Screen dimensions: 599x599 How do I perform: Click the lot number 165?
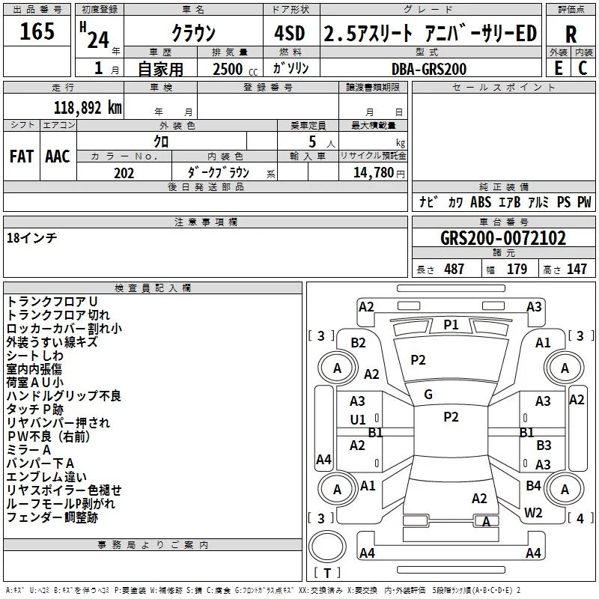[37, 32]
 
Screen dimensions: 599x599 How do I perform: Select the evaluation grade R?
[571, 34]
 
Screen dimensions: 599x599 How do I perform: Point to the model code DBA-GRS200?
[429, 69]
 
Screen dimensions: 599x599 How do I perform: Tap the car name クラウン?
[193, 34]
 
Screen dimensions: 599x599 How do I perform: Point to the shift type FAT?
[21, 156]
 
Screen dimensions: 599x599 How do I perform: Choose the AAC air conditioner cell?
[58, 156]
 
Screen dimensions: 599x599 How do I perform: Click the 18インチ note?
[31, 237]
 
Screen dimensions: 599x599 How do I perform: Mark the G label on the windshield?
[428, 394]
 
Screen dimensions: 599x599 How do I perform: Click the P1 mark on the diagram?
[451, 324]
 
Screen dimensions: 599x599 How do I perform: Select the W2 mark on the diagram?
[533, 512]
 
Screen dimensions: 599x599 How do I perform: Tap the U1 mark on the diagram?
[358, 420]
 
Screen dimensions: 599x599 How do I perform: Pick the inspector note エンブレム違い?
[46, 477]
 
